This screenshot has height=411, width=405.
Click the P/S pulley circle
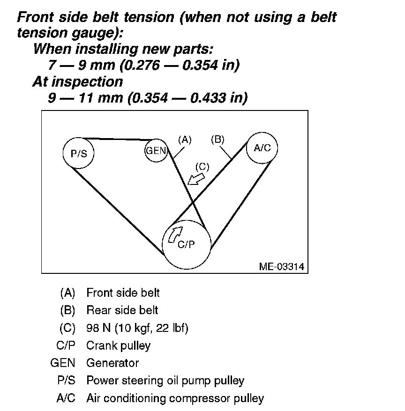pos(79,153)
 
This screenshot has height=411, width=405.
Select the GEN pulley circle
pos(156,151)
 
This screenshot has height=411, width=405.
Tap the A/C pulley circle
pos(262,147)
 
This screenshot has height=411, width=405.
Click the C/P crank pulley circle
pos(186,244)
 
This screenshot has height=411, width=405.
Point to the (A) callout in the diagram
pos(185,139)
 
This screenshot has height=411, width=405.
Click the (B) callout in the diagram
pos(217,139)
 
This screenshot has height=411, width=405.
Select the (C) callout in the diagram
pos(202,166)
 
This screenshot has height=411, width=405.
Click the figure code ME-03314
pos(281,267)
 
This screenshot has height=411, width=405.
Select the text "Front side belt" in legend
pos(123,293)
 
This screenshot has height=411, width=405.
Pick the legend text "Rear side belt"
pos(122,310)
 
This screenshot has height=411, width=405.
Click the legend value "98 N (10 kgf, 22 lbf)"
pos(137,328)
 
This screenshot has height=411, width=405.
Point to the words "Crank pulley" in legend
pos(119,346)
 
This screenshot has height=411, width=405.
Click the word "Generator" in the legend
pos(112,363)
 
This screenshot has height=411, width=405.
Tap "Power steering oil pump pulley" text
pos(165,381)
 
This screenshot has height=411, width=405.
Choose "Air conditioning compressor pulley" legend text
pos(175,398)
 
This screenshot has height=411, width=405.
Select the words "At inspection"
pos(77,81)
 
